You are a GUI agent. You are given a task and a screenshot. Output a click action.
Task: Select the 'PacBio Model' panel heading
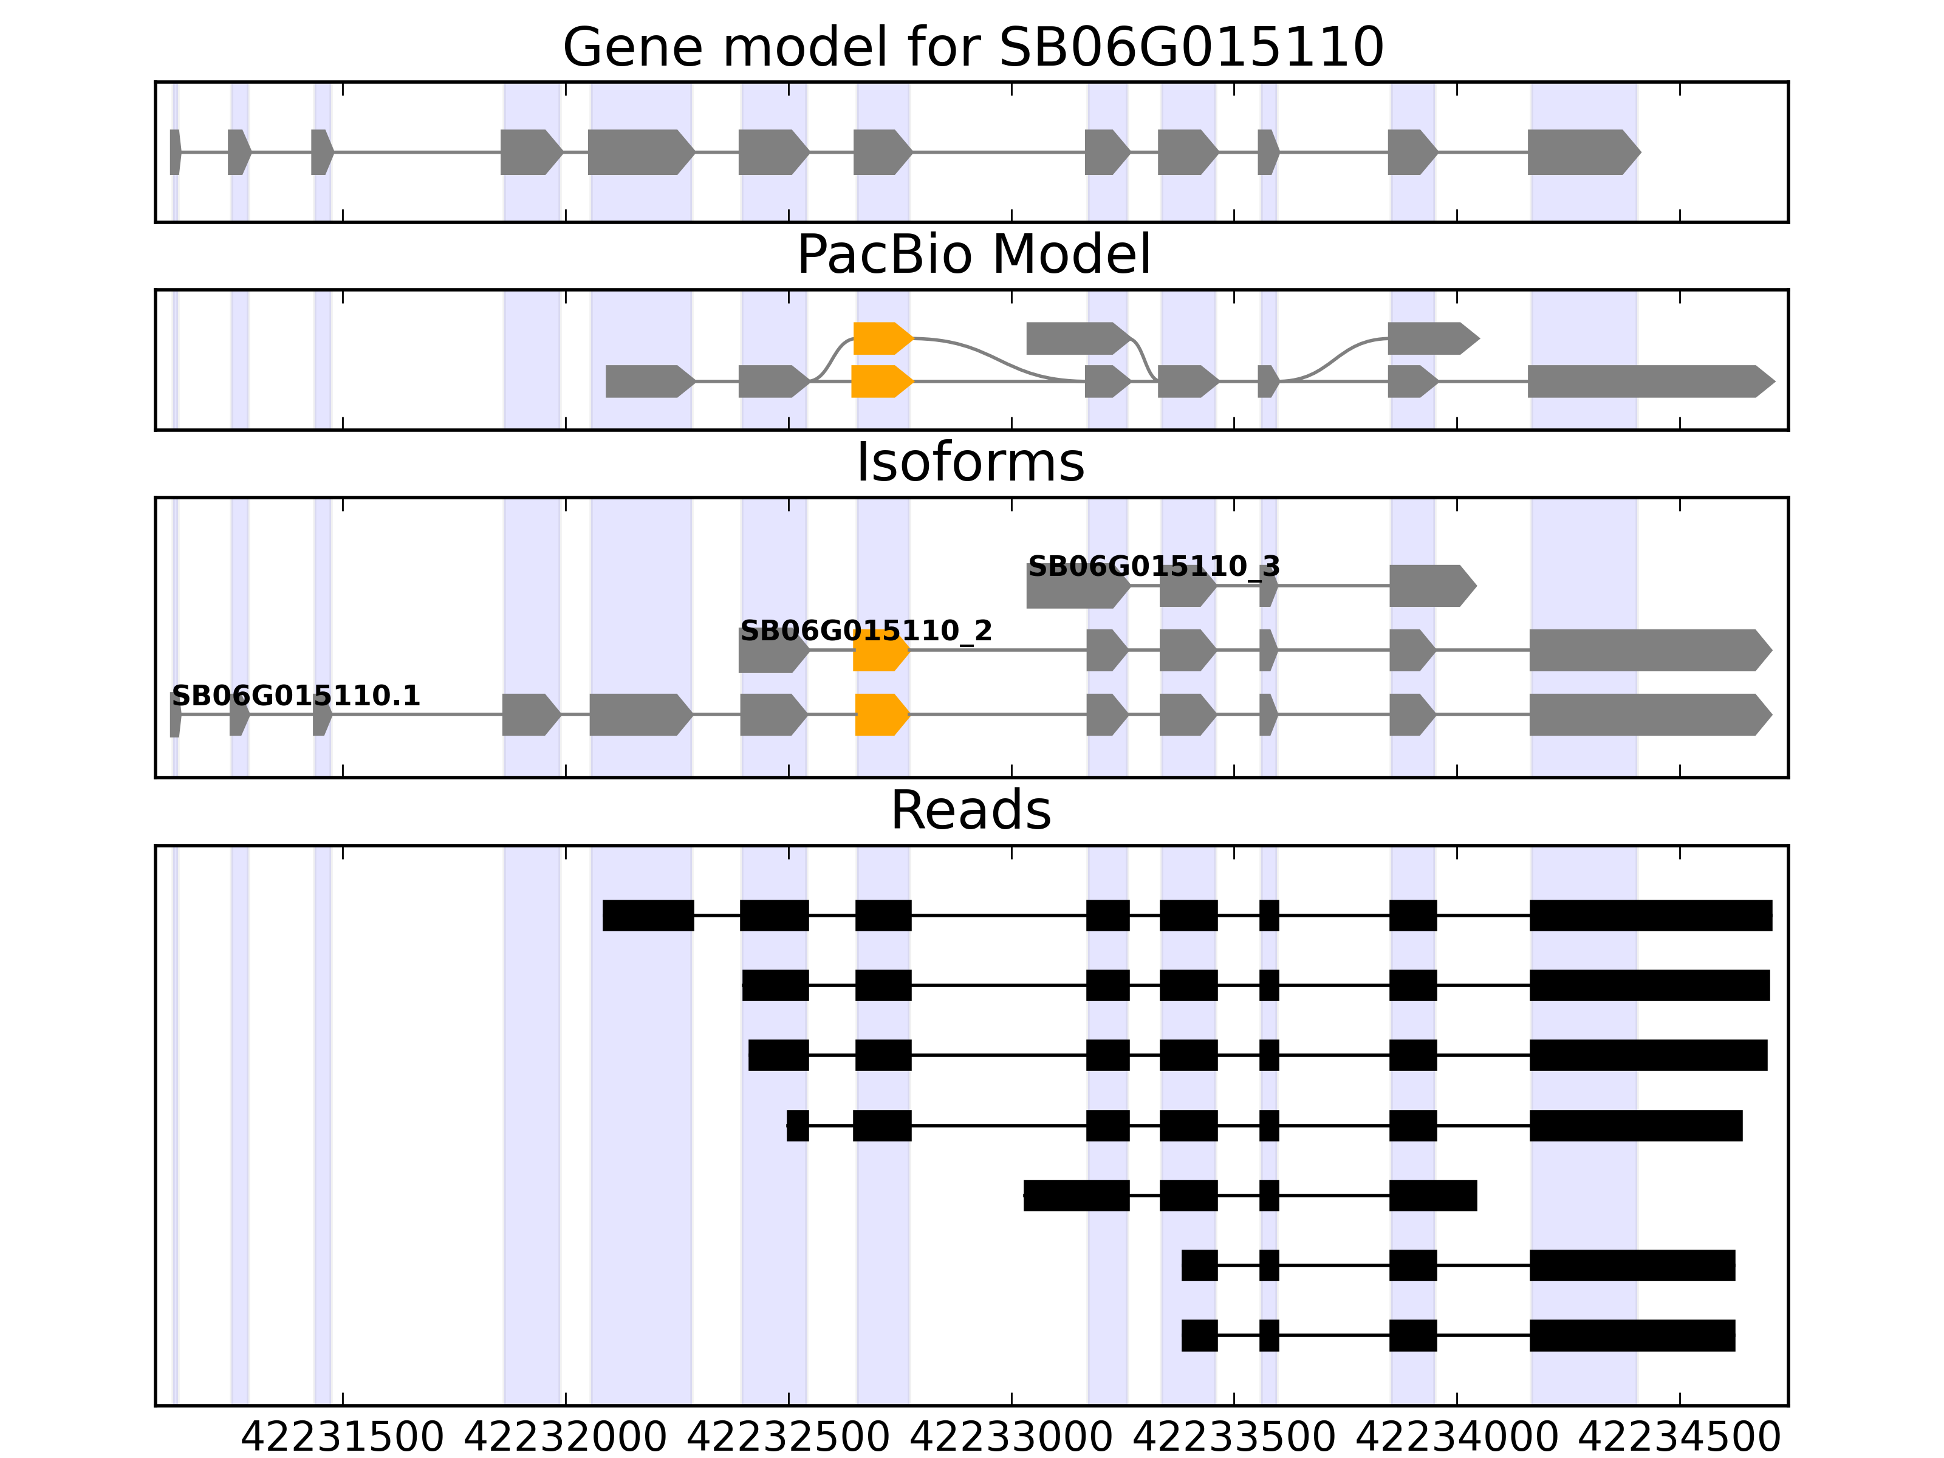(x=972, y=255)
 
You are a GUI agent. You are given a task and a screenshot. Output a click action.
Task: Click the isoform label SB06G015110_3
(x=1153, y=567)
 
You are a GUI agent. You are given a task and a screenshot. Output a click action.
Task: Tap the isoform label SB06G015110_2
(x=866, y=631)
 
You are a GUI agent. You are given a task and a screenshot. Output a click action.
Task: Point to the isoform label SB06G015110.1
(x=295, y=696)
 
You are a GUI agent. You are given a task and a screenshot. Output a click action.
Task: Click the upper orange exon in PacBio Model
(x=881, y=338)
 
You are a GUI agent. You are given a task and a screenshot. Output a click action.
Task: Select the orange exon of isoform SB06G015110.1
(x=881, y=714)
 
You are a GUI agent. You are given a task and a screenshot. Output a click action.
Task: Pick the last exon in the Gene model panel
(x=1582, y=152)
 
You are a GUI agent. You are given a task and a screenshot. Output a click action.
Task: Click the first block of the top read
(x=648, y=916)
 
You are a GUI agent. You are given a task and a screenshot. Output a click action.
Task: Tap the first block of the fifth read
(x=1076, y=1195)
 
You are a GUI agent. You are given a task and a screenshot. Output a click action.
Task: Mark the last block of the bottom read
(x=1631, y=1335)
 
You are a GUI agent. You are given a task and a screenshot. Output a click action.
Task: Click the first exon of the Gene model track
(x=175, y=152)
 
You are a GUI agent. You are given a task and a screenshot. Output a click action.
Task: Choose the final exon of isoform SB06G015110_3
(x=1431, y=585)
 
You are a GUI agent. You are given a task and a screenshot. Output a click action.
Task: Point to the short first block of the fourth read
(x=797, y=1126)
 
